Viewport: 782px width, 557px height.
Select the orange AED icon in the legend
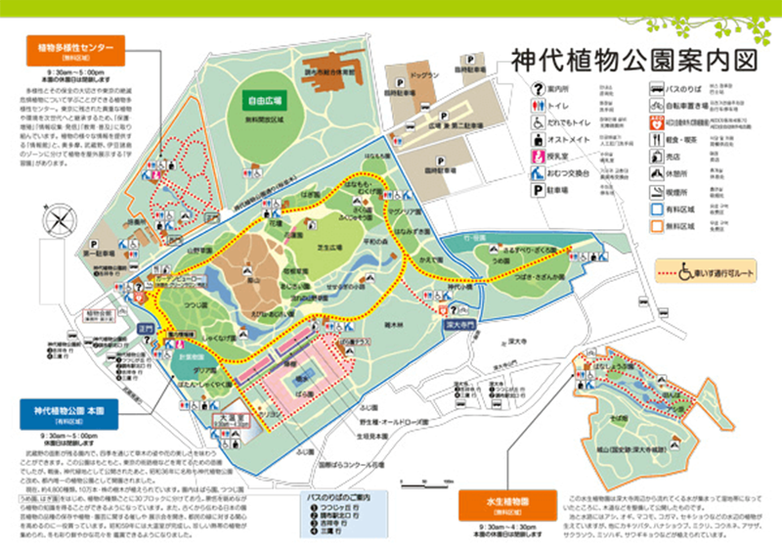coord(656,124)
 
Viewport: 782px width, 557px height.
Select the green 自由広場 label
coord(266,100)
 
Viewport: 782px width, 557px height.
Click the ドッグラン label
coord(421,73)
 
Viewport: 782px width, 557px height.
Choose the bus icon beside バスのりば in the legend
coord(656,88)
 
